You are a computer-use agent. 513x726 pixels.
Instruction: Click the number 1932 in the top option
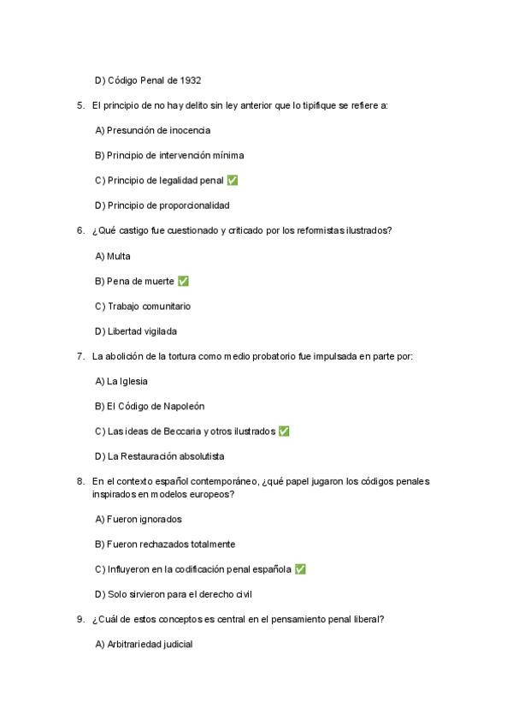tap(190, 80)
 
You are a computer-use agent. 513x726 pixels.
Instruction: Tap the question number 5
tap(80, 105)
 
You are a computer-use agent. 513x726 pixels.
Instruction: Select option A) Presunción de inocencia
tap(152, 130)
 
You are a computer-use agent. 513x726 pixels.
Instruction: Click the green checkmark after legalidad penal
tap(233, 181)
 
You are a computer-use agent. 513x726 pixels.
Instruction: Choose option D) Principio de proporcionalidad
tap(162, 205)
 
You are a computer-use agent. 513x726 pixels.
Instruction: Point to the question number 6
tap(80, 230)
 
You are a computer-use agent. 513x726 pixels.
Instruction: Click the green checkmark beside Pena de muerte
tap(182, 281)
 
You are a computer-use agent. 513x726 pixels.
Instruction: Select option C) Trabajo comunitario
tap(143, 306)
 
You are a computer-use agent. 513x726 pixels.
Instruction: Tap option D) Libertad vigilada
tap(136, 331)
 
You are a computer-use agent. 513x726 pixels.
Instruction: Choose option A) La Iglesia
tap(121, 381)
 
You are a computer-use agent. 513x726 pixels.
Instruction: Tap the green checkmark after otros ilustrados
tap(284, 431)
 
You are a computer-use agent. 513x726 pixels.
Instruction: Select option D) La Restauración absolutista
tap(159, 456)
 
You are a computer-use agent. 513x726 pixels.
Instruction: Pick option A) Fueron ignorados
tap(138, 519)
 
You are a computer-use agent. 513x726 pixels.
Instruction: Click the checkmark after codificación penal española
tap(299, 569)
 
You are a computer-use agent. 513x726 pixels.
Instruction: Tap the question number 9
tap(80, 619)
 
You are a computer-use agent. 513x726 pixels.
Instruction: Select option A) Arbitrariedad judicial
tap(144, 645)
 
